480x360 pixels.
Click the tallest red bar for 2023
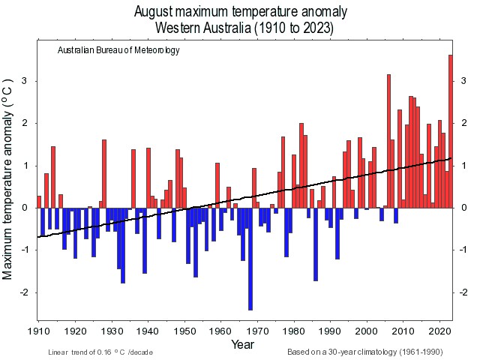[450, 131]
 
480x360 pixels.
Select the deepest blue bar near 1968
[250, 259]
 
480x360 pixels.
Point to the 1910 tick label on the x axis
[38, 331]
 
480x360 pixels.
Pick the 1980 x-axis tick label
[294, 331]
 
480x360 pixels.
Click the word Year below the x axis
[242, 345]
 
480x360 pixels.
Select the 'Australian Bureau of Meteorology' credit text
[118, 50]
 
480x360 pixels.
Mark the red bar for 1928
[104, 173]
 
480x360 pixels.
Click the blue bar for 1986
[316, 244]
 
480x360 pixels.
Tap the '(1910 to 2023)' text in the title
[292, 28]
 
